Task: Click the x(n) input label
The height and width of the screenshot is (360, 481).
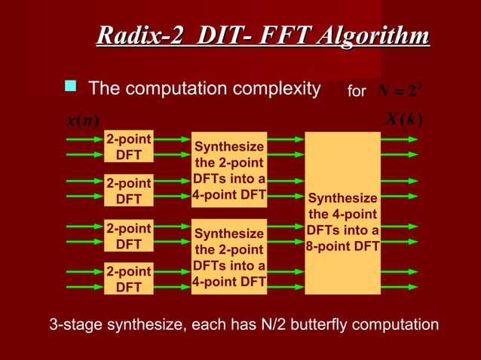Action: [x=72, y=120]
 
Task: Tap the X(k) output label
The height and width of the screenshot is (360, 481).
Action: [x=404, y=120]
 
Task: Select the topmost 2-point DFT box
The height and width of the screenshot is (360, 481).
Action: [x=128, y=147]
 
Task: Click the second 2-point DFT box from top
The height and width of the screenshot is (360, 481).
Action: [x=128, y=191]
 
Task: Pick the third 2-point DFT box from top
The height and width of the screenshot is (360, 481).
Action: [x=128, y=235]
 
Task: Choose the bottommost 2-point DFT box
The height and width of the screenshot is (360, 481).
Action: [x=128, y=279]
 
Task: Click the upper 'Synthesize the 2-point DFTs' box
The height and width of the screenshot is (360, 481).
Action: [x=229, y=171]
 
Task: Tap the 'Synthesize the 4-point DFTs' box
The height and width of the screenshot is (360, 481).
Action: [x=342, y=213]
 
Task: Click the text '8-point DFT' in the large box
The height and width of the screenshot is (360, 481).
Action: [x=342, y=246]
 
